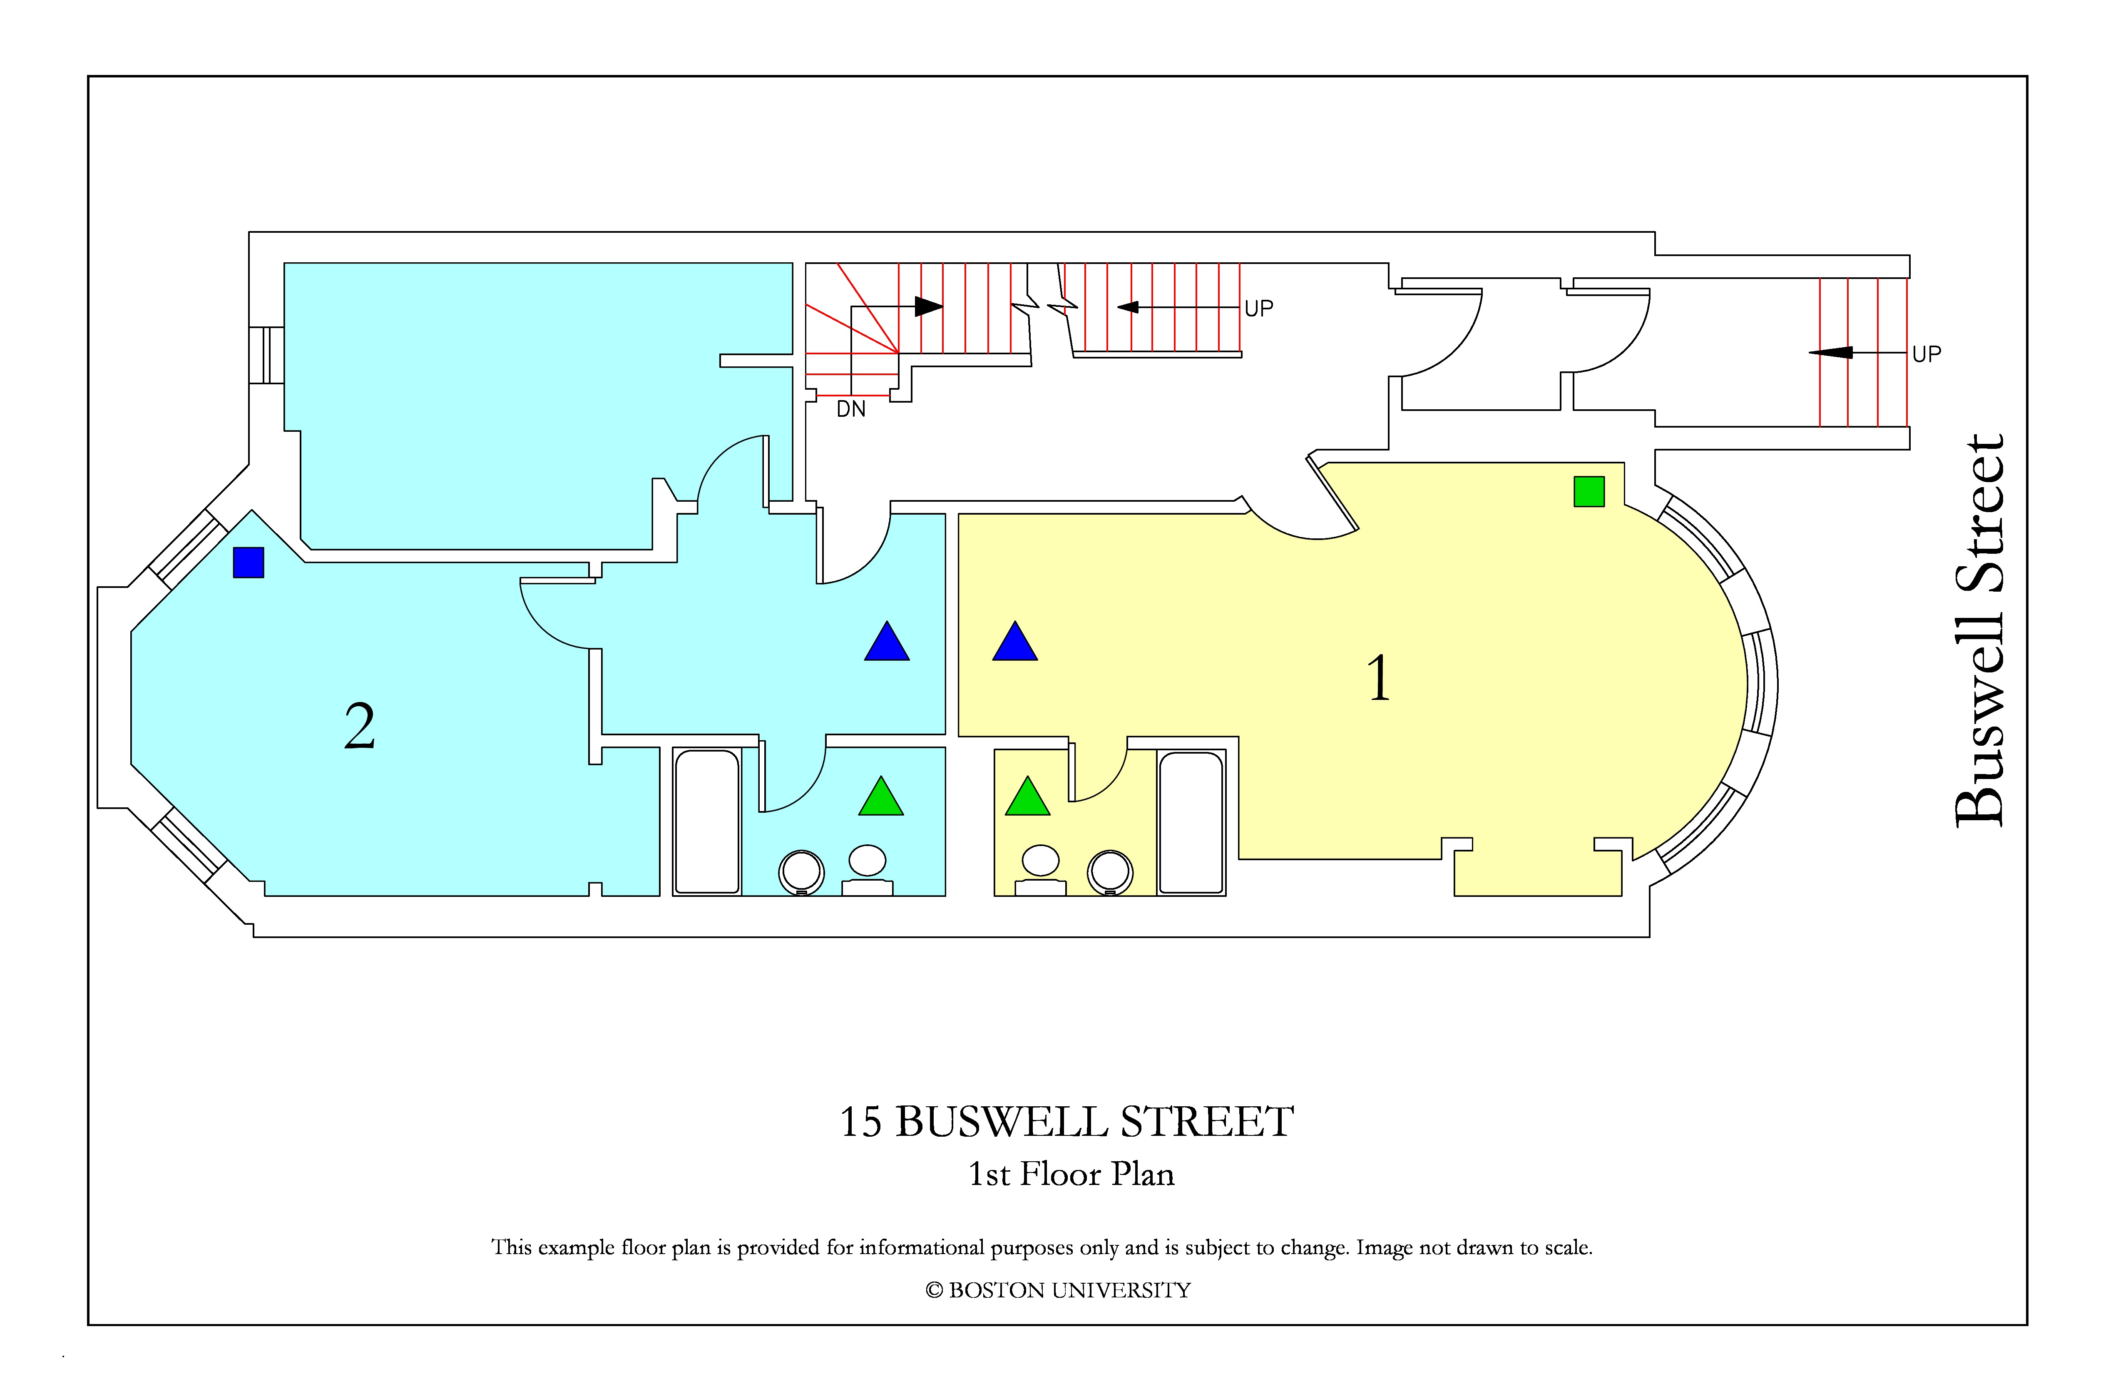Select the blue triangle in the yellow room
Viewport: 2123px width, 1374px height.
(x=1015, y=642)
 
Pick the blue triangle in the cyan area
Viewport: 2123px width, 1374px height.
(x=887, y=642)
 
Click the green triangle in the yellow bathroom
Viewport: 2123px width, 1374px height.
(x=1028, y=797)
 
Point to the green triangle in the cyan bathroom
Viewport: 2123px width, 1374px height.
(x=881, y=797)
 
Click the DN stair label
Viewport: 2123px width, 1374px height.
(x=851, y=410)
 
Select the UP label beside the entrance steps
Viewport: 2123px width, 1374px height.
(x=1927, y=354)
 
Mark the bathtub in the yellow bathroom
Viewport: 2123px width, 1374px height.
(x=1191, y=822)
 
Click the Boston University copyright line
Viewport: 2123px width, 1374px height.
(x=1058, y=1290)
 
